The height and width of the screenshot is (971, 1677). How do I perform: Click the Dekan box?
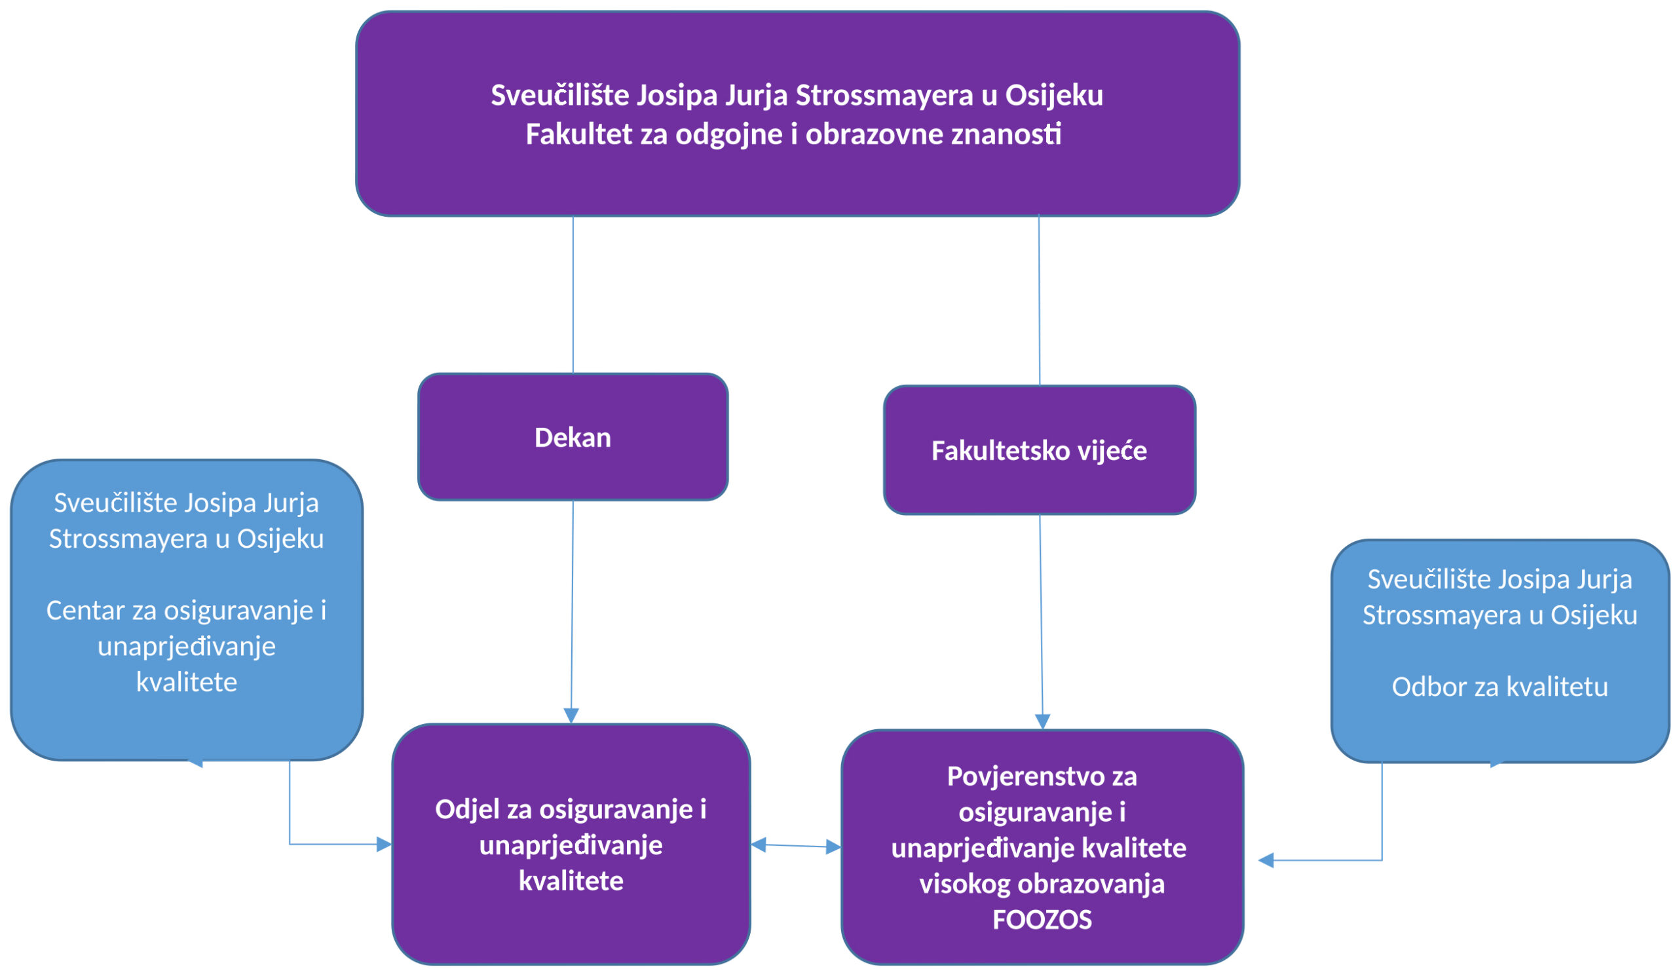pyautogui.click(x=573, y=436)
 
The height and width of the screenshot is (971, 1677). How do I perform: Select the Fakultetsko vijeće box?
pyautogui.click(x=1039, y=450)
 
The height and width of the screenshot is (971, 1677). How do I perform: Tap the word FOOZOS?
pyautogui.click(x=1042, y=920)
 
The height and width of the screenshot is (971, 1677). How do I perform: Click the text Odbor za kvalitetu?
pyautogui.click(x=1499, y=686)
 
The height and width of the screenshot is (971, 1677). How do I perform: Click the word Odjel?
pyautogui.click(x=467, y=809)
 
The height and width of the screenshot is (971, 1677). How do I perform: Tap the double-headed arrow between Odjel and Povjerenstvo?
pyautogui.click(x=795, y=846)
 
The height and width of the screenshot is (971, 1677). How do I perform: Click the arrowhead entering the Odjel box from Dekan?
pyautogui.click(x=571, y=715)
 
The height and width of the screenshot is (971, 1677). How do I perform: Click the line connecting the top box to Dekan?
pyautogui.click(x=573, y=293)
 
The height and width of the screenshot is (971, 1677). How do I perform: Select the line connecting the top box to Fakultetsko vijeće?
pyautogui.click(x=1039, y=299)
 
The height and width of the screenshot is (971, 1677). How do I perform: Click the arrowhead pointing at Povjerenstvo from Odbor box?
pyautogui.click(x=1266, y=860)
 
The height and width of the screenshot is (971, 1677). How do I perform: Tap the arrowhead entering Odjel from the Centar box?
pyautogui.click(x=383, y=845)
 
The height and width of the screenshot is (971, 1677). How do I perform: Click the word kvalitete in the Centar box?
pyautogui.click(x=186, y=682)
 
